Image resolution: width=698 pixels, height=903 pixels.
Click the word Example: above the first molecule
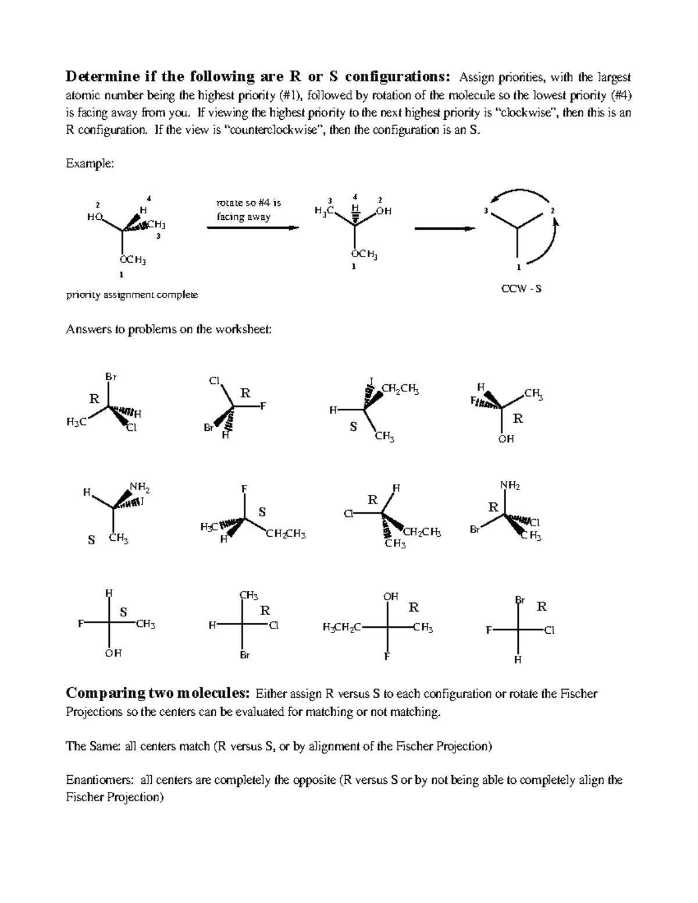click(x=90, y=164)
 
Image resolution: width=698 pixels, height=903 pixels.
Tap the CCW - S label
click(x=521, y=288)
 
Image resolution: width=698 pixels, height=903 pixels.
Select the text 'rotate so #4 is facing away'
click(x=248, y=210)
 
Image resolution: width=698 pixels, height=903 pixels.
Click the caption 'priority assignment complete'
click(x=132, y=295)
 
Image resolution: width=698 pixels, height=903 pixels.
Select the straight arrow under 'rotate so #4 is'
click(x=253, y=228)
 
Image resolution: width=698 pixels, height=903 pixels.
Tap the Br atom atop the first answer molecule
click(x=111, y=377)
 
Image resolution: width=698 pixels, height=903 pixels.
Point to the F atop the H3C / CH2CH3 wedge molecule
click(x=244, y=489)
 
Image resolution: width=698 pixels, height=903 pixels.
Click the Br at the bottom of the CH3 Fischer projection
click(x=245, y=655)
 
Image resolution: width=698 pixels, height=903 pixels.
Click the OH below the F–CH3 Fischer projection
click(x=113, y=653)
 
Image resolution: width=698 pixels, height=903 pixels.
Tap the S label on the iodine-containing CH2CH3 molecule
click(x=352, y=427)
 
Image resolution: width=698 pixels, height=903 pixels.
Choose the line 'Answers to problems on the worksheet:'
click(x=169, y=330)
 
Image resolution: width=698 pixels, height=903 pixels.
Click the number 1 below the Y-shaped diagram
click(x=518, y=268)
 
